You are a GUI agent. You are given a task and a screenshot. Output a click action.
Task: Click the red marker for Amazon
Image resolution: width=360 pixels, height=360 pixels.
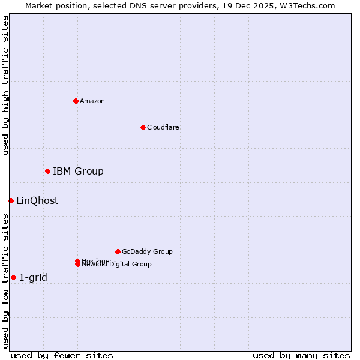[x=76, y=101]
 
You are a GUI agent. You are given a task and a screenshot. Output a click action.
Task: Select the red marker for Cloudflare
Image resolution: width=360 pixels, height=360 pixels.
[x=143, y=127]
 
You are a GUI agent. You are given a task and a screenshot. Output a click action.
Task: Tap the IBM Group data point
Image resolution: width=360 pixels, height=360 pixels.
[x=47, y=172]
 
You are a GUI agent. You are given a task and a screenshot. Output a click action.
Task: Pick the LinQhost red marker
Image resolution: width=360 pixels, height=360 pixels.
[x=11, y=200]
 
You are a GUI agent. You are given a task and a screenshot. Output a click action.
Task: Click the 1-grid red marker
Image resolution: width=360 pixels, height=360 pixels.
[x=13, y=277]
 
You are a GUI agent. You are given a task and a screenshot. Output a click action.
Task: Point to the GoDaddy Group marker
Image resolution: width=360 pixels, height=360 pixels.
[x=118, y=251]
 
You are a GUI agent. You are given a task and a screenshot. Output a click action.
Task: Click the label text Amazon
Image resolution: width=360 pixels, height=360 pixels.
[x=92, y=101]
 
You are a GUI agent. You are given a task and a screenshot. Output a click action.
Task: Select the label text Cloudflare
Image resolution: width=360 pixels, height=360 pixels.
[x=163, y=127]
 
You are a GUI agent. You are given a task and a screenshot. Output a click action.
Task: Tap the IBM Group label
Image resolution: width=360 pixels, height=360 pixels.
[x=78, y=172]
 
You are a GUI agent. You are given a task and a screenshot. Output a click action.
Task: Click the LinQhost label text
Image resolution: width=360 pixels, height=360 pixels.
[x=37, y=201]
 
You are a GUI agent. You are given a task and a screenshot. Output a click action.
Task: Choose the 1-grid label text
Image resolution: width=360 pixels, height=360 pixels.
[x=33, y=278]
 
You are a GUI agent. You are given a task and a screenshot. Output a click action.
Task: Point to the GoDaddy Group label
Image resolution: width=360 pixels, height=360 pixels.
[x=147, y=251]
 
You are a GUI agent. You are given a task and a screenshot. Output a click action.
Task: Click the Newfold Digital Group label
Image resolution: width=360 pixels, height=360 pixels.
[x=117, y=265]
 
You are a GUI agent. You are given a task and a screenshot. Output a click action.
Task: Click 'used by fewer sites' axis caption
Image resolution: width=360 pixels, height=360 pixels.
[x=62, y=355]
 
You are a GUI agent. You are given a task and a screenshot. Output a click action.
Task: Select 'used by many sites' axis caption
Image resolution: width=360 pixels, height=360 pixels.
[x=301, y=355]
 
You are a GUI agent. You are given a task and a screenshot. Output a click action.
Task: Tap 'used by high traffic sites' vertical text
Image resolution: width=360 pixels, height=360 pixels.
[x=5, y=85]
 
